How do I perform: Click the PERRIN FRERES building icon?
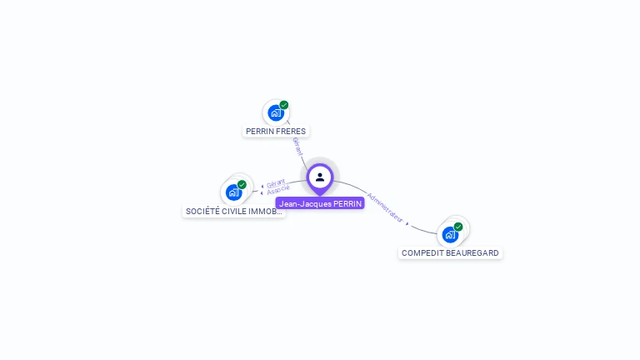[275, 112]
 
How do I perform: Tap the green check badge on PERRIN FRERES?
[284, 106]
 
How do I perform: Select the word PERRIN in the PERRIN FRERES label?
[260, 132]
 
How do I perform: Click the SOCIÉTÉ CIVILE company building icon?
[233, 192]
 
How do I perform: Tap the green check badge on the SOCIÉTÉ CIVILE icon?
[242, 185]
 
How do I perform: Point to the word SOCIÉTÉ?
[202, 212]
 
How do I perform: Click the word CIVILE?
[236, 212]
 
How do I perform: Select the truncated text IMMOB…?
[267, 212]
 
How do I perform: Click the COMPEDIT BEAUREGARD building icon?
[450, 234]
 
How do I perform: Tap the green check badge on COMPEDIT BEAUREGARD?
[458, 227]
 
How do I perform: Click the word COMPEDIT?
[422, 253]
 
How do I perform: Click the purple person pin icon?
[320, 177]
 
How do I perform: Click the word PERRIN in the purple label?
[347, 203]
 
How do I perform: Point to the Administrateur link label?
[385, 208]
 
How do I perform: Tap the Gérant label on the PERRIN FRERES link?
[297, 146]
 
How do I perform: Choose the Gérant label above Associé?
[276, 182]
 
